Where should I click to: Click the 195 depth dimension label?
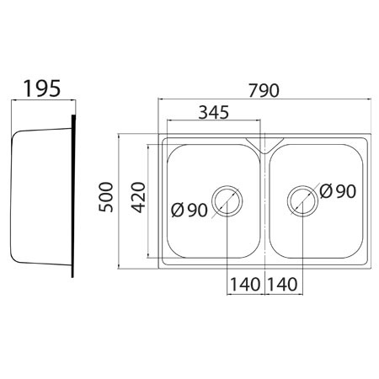pyautogui.click(x=42, y=88)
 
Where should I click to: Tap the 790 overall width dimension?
pyautogui.click(x=264, y=90)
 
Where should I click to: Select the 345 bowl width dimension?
pyautogui.click(x=214, y=112)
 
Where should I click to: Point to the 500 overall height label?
pyautogui.click(x=106, y=197)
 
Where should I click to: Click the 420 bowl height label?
pyautogui.click(x=139, y=197)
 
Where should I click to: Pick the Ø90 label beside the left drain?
pyautogui.click(x=189, y=210)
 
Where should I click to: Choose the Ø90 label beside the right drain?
pyautogui.click(x=338, y=191)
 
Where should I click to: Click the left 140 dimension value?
pyautogui.click(x=245, y=284)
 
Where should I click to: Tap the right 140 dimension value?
pyautogui.click(x=282, y=284)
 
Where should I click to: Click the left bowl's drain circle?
pyautogui.click(x=227, y=185)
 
